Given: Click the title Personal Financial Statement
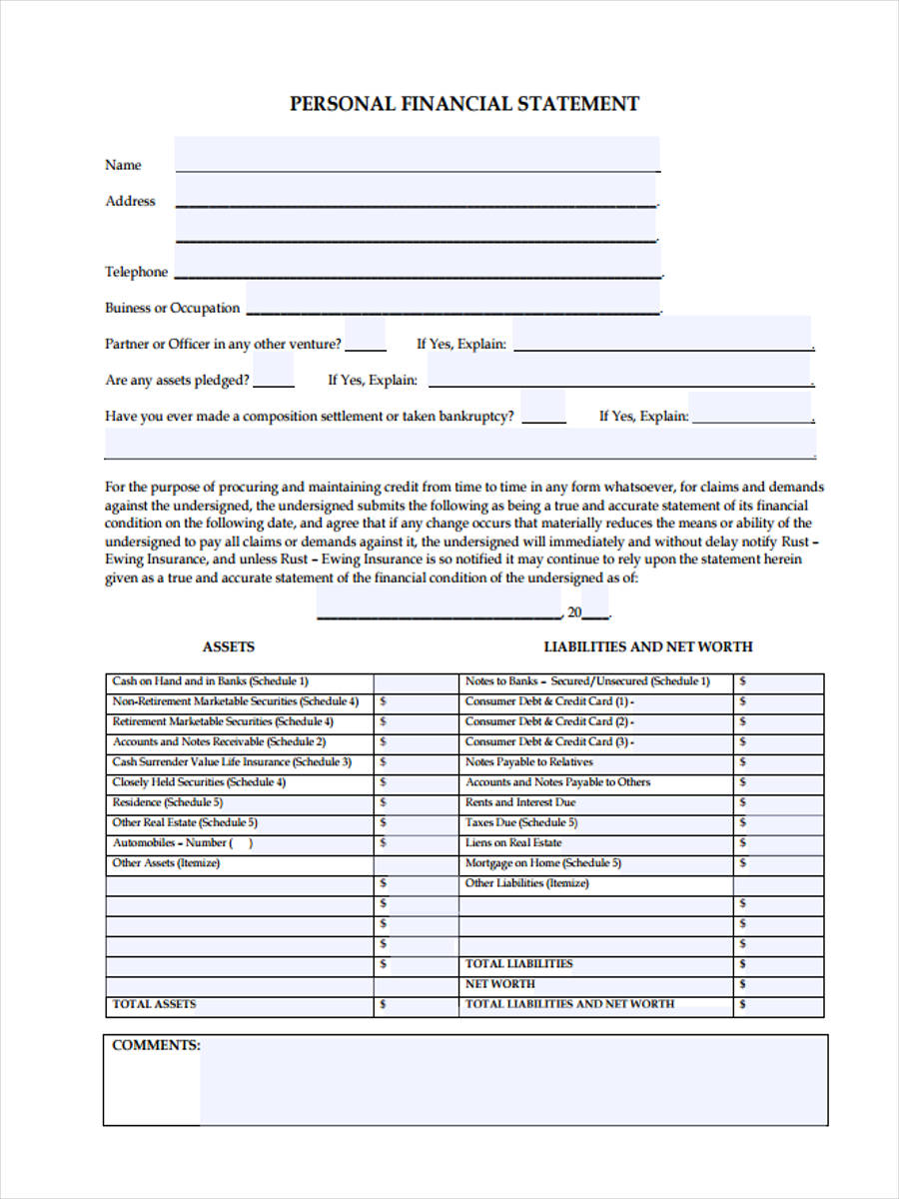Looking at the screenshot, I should pyautogui.click(x=464, y=104).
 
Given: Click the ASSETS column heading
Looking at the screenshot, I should pyautogui.click(x=229, y=646).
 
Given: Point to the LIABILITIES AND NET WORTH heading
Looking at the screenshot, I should pyautogui.click(x=647, y=646).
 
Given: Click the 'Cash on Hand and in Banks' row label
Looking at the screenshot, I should pyautogui.click(x=210, y=681).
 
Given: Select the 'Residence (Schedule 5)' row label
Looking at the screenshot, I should pyautogui.click(x=168, y=802).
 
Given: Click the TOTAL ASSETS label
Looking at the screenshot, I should pyautogui.click(x=155, y=1004).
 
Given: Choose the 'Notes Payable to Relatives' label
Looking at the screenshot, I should pyautogui.click(x=528, y=762).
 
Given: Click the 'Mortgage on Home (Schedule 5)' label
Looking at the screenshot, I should pyautogui.click(x=542, y=863).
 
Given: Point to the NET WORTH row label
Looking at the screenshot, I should pyautogui.click(x=500, y=984).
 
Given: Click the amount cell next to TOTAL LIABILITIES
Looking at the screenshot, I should pyautogui.click(x=779, y=964).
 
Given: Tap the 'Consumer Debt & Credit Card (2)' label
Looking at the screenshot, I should pyautogui.click(x=549, y=721).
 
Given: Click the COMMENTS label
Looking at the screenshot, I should pyautogui.click(x=156, y=1045).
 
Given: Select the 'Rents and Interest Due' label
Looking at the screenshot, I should pyautogui.click(x=520, y=802).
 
